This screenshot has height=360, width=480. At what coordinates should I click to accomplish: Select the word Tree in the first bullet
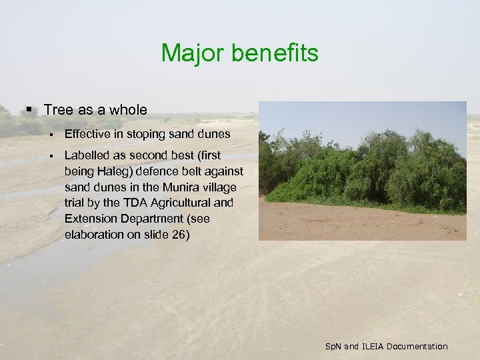coord(57,109)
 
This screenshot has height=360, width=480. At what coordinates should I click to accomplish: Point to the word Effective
coord(87,135)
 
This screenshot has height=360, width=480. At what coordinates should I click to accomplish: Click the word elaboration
coord(94,235)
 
